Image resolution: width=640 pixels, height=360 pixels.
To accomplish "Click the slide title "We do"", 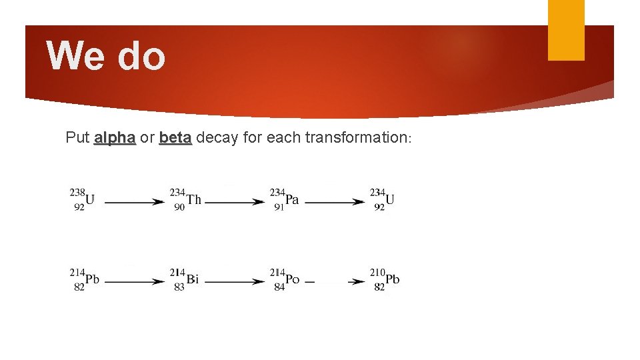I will [x=106, y=55].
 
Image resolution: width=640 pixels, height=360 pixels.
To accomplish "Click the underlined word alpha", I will [x=115, y=138].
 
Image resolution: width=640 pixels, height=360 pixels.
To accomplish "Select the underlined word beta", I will [x=175, y=138].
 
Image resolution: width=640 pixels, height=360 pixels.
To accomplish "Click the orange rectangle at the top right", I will [x=565, y=29].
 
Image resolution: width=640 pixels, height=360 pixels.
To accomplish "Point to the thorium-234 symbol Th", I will [x=193, y=199].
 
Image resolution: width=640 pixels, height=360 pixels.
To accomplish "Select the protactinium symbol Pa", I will [x=291, y=199].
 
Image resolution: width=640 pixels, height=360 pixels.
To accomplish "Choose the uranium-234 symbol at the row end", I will [x=389, y=199].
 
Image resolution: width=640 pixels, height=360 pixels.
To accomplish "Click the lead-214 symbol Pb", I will [x=91, y=279].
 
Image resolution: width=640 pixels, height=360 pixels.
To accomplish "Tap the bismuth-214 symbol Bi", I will [x=192, y=279].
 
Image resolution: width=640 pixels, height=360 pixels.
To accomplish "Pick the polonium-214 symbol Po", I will [x=291, y=279].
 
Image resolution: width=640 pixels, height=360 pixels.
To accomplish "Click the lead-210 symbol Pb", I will [x=392, y=279].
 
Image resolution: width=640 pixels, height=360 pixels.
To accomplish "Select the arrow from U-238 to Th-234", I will [x=135, y=201].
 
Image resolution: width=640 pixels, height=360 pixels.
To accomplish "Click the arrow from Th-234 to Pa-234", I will [x=235, y=201].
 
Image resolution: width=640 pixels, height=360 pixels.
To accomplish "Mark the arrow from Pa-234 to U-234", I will [x=335, y=201].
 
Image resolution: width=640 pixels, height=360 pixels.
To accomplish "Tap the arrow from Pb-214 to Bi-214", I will [x=135, y=282].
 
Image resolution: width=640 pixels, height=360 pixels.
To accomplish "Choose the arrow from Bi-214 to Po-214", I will [x=235, y=282].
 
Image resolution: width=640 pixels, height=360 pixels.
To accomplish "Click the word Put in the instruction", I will [x=77, y=138].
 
